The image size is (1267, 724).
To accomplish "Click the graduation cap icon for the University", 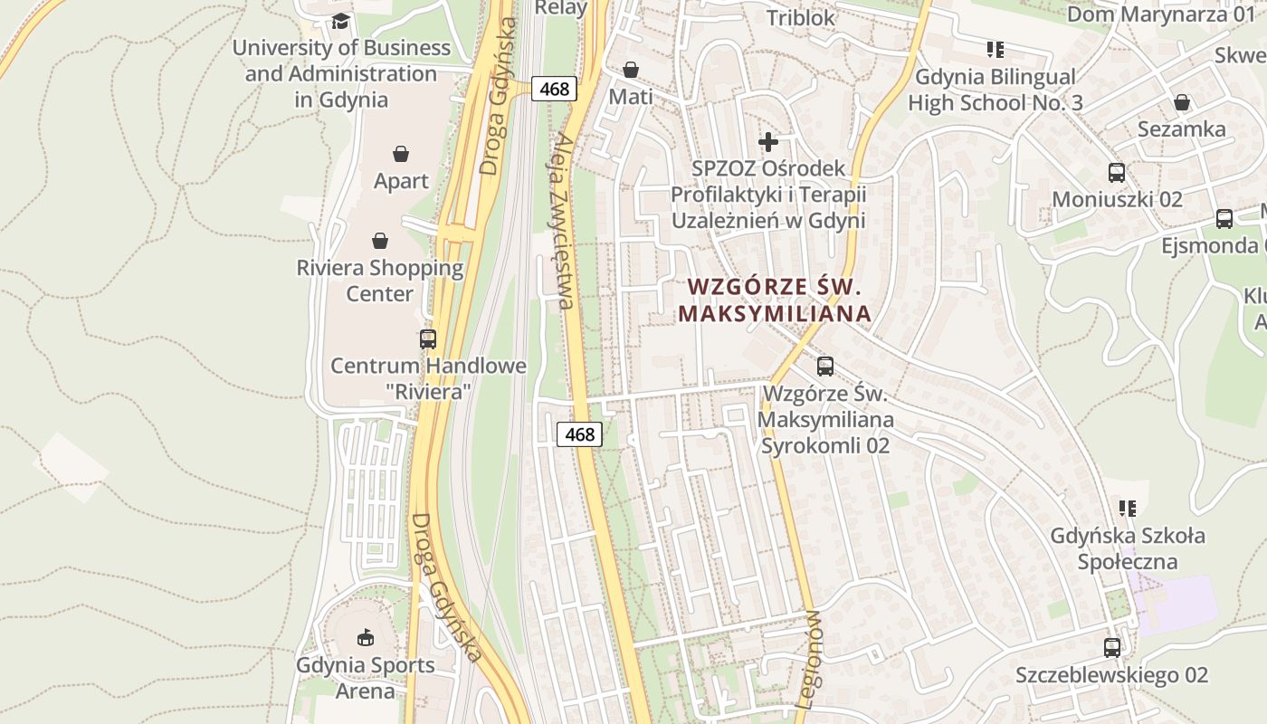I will pos(340,21).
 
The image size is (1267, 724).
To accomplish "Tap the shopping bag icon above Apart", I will pos(401,155).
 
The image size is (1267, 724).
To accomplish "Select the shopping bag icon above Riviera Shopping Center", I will pos(380,241).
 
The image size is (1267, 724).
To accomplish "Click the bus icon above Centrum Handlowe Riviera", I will pos(428,339).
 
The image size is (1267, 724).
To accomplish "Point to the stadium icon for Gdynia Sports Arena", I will pos(365,638).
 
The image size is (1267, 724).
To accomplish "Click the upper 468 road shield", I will pos(554,89).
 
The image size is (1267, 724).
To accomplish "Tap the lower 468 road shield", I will pos(579,434).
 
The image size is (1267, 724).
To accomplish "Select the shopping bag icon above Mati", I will pos(631,70).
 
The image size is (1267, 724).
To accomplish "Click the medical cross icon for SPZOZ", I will pos(768,141).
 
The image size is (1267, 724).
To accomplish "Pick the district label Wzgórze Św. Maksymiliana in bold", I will pos(774,300).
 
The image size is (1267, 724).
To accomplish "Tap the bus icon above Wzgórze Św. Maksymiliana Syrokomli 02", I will pos(825,367).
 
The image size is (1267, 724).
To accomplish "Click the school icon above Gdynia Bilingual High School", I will pos(995,50).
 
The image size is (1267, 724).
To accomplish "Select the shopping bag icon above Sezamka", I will pos(1182,102).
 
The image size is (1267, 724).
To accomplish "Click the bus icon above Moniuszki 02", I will pos(1117,172).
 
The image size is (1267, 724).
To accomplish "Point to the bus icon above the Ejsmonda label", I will pos(1224,218).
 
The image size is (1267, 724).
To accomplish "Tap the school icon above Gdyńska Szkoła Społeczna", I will pos(1128,509).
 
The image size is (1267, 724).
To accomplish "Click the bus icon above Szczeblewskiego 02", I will pos(1112,648).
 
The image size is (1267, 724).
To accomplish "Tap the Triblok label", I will pos(801,17).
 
